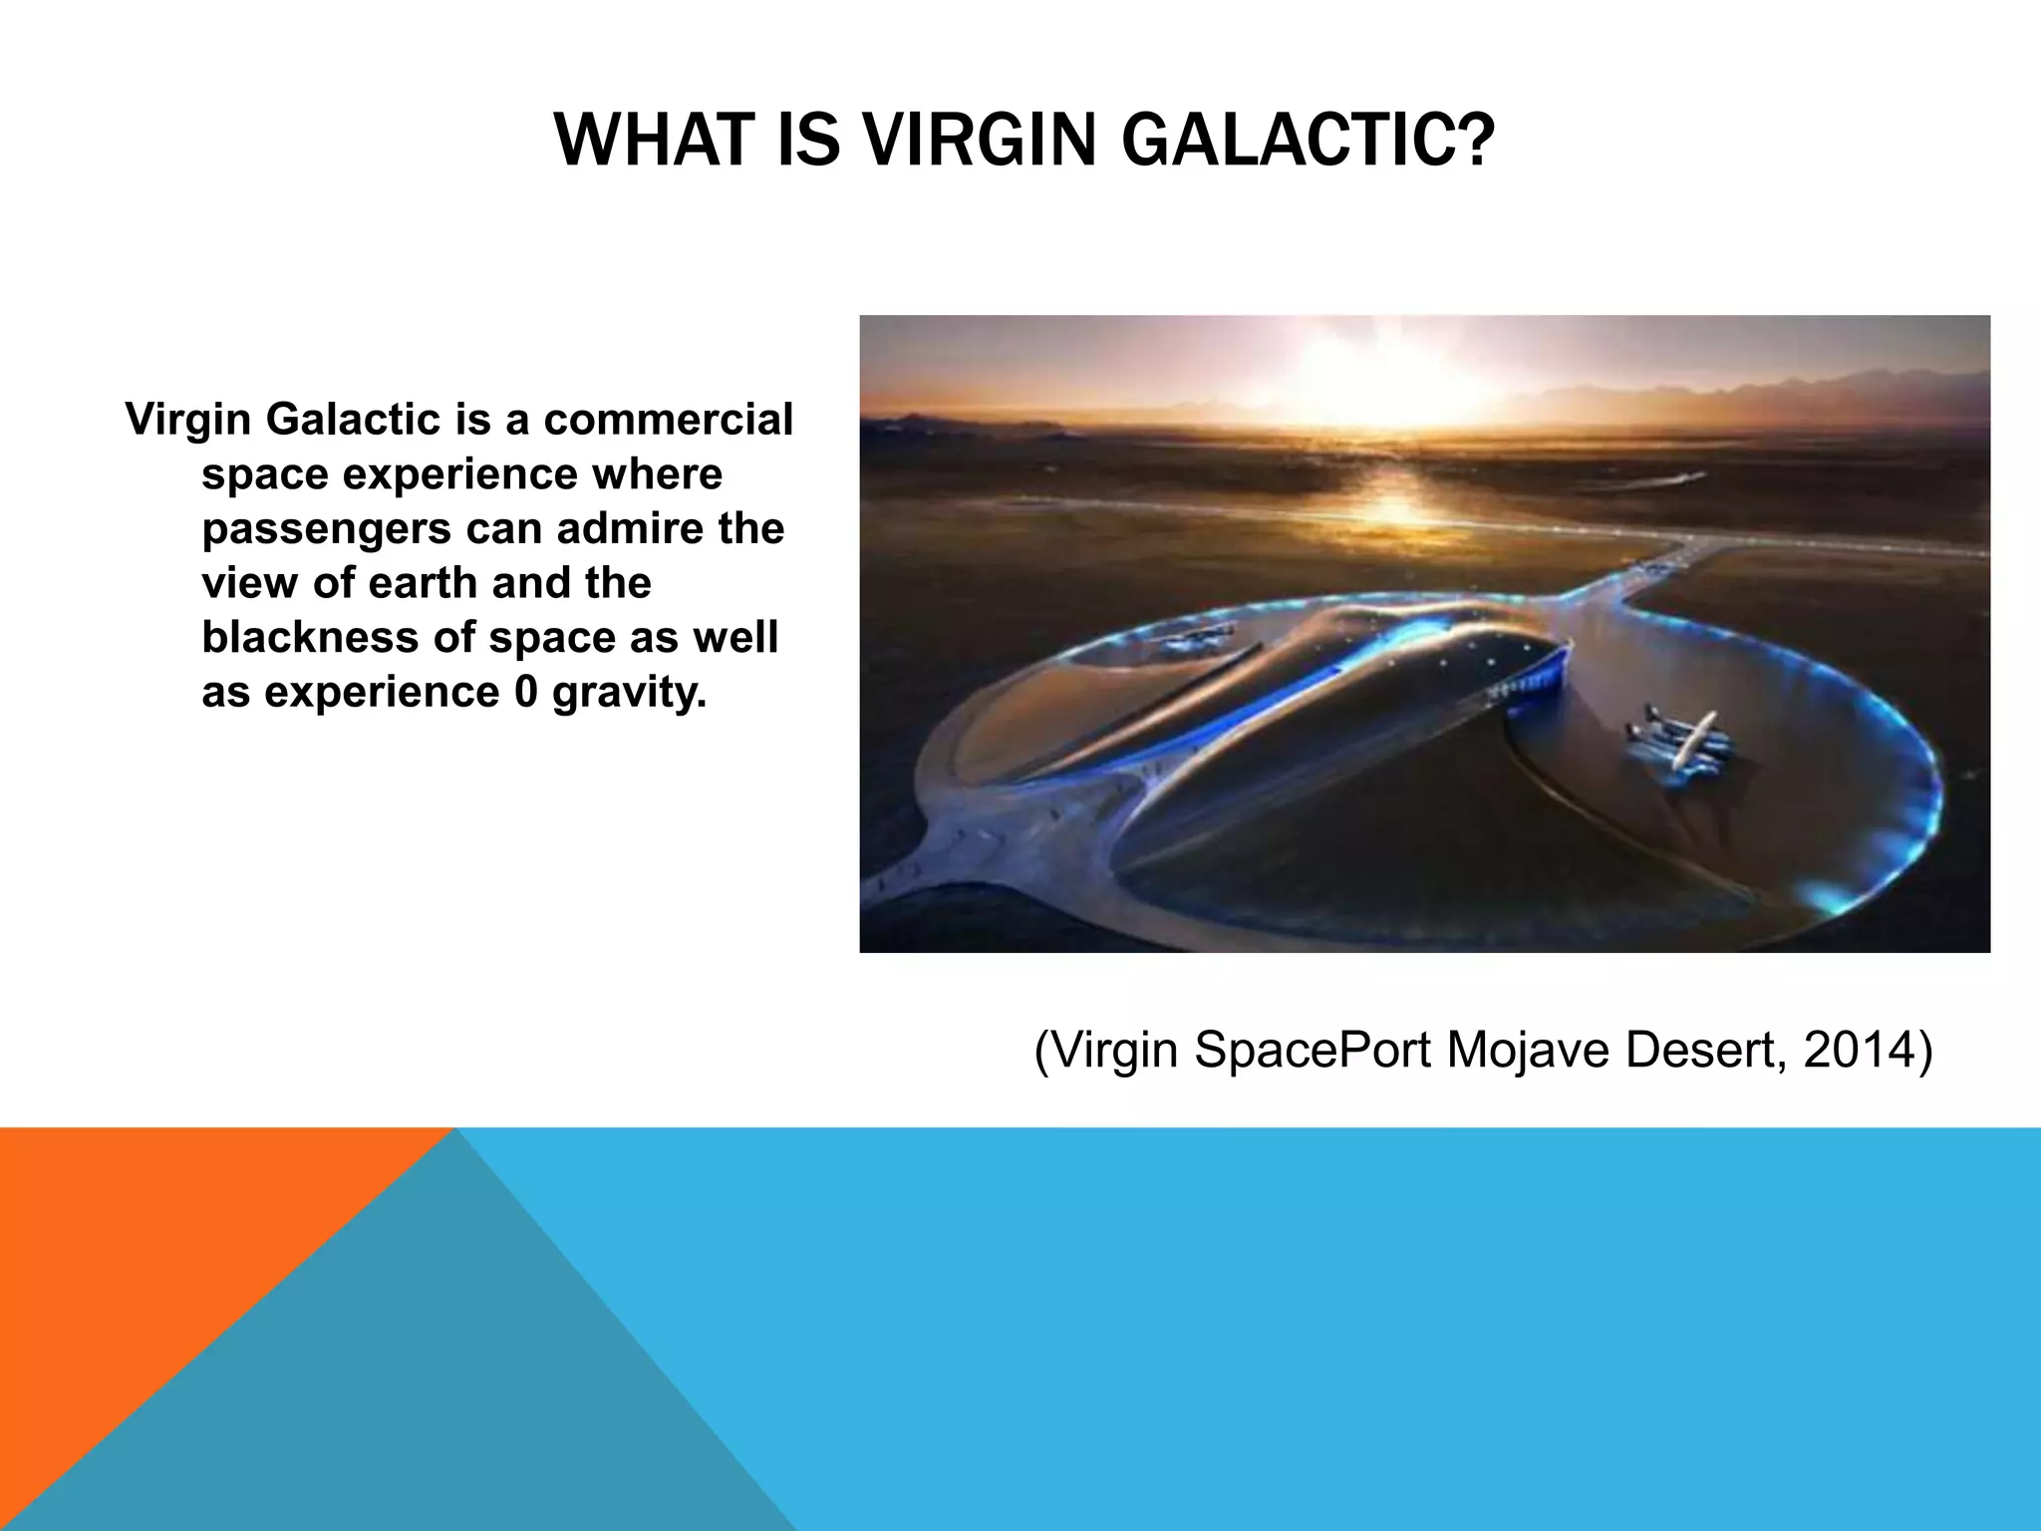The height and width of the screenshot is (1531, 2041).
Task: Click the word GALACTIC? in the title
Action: pos(1308,141)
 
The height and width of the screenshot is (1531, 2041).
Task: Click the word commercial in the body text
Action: pos(668,420)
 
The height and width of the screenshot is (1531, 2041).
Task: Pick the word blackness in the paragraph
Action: pos(309,638)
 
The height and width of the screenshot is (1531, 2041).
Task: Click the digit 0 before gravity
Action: pos(525,692)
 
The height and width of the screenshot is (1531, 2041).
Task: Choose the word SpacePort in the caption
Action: pos(1312,1050)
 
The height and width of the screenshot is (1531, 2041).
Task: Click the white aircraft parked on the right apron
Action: pos(1679,741)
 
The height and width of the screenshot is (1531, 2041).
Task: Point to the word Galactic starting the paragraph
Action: pos(353,420)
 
